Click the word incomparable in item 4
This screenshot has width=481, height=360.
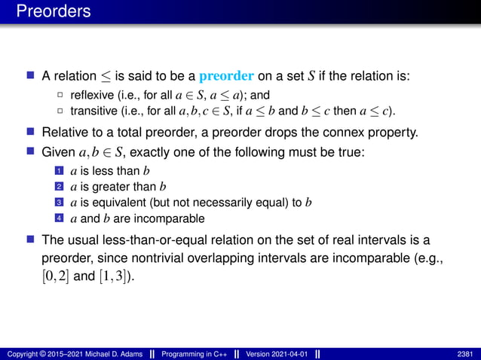(171, 219)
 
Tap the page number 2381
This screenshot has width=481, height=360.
(466, 353)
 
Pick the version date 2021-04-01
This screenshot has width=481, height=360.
(287, 353)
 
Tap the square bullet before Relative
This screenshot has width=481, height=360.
(31, 134)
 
